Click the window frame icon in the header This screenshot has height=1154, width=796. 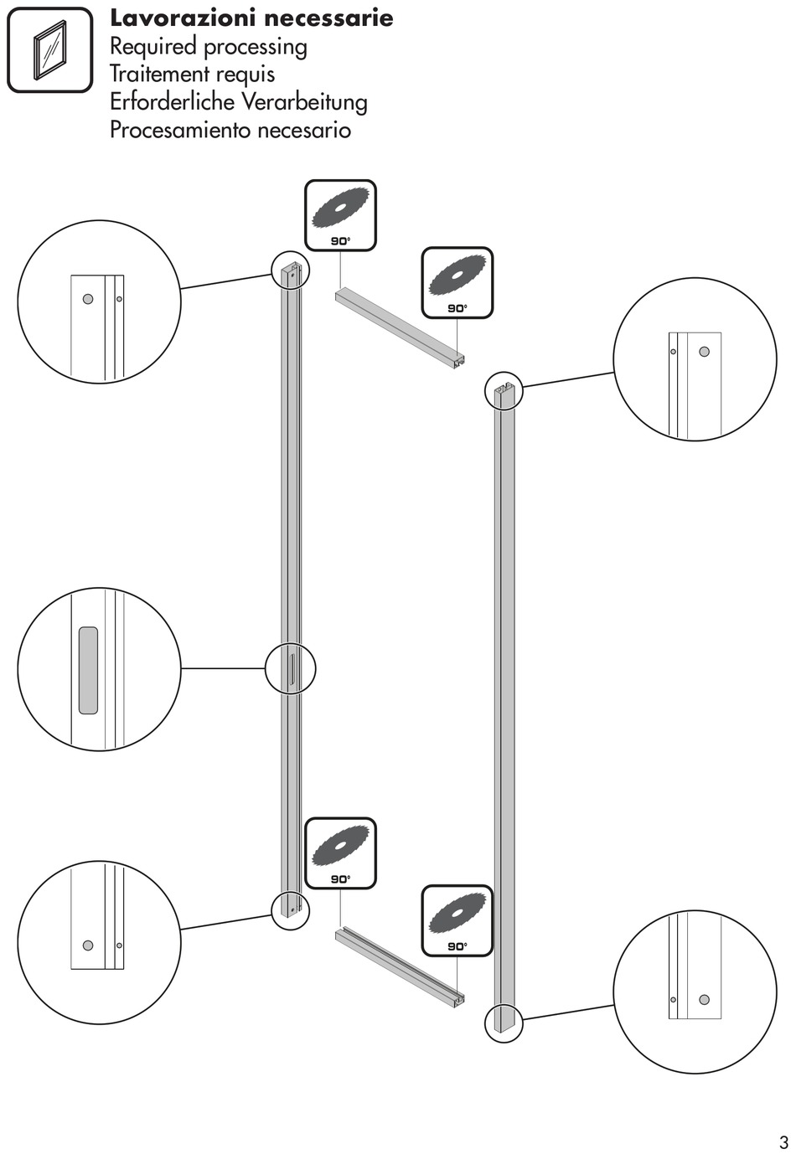pyautogui.click(x=50, y=50)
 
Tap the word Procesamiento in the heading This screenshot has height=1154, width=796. pyautogui.click(x=180, y=131)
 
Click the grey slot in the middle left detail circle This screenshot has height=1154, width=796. pyautogui.click(x=88, y=670)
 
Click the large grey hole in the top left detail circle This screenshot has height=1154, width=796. pyautogui.click(x=88, y=299)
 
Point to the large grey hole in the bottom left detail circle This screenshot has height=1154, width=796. pyautogui.click(x=88, y=945)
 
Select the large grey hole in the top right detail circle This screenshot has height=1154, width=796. pyautogui.click(x=705, y=352)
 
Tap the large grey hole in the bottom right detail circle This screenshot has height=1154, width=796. pyautogui.click(x=705, y=999)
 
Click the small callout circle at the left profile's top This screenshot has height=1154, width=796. pyautogui.click(x=291, y=270)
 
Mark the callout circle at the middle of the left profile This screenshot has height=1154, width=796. pyautogui.click(x=291, y=669)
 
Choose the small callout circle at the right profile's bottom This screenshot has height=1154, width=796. pyautogui.click(x=504, y=1023)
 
